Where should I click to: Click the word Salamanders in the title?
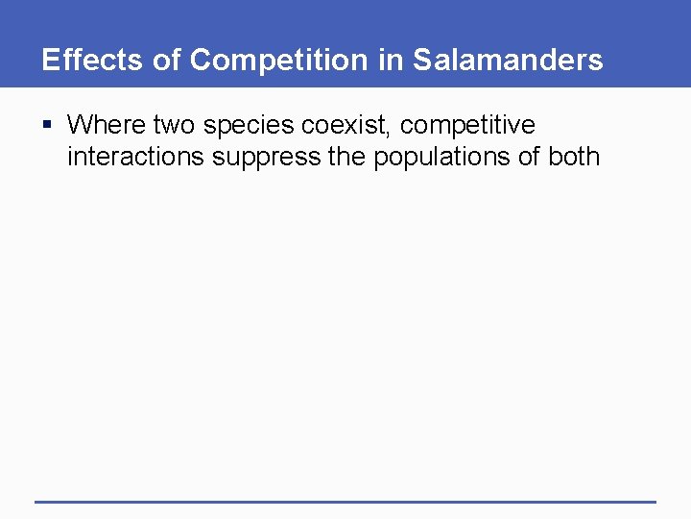508,61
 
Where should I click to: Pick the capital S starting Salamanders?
422,61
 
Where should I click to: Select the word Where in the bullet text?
107,125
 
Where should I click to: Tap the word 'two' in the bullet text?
175,125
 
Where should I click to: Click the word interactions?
135,157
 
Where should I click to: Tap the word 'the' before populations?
347,157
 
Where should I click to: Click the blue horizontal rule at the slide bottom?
345,501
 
